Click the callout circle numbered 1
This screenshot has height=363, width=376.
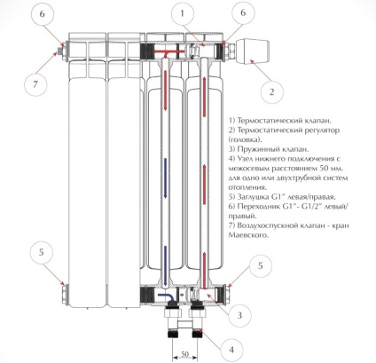(183, 14)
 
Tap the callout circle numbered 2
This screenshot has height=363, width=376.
(272, 91)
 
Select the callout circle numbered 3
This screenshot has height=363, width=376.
(239, 315)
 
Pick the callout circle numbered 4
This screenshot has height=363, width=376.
(231, 350)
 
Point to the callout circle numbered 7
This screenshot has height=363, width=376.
(35, 84)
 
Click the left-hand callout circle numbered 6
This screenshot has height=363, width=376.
(43, 14)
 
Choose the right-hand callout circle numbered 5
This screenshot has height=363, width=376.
(260, 265)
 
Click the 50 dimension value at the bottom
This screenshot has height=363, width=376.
(184, 354)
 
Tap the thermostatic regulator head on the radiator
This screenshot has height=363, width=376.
(253, 51)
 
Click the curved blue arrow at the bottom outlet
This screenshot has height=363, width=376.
(165, 296)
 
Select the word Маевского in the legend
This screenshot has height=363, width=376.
(248, 236)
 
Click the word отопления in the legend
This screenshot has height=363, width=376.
(247, 187)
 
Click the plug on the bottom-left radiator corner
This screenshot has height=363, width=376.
(64, 294)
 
